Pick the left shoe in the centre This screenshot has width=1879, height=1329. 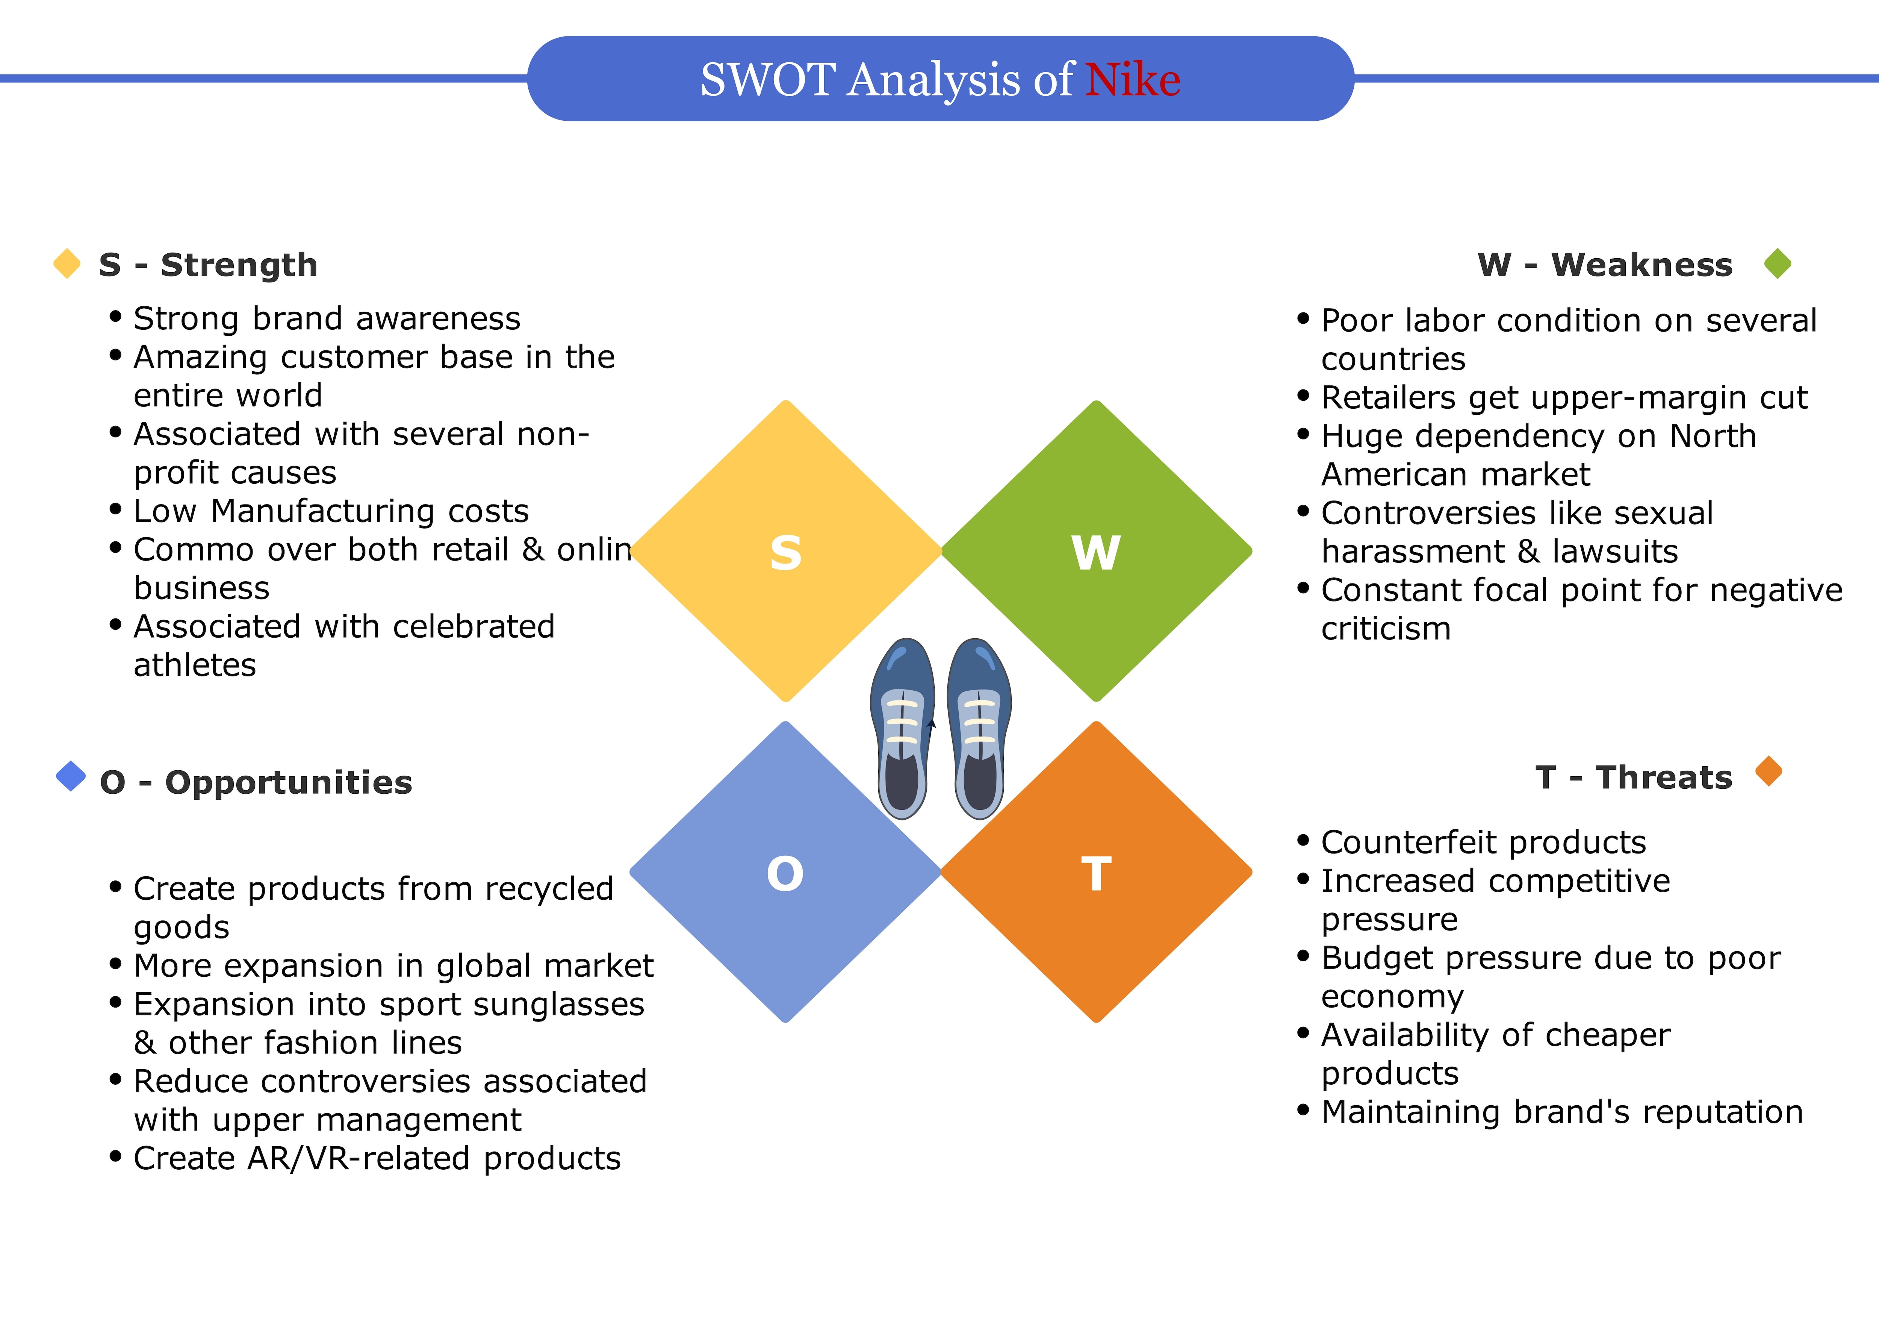click(x=903, y=729)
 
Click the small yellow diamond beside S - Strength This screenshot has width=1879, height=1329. click(x=67, y=264)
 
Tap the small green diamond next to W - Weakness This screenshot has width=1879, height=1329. click(x=1778, y=264)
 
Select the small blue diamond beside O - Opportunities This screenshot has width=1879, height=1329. click(x=71, y=776)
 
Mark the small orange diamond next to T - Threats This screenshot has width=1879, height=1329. click(x=1769, y=771)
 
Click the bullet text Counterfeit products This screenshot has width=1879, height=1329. click(x=1483, y=843)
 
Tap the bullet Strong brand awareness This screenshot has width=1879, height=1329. click(x=327, y=318)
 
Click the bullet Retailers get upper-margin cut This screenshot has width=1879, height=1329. click(x=1564, y=398)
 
